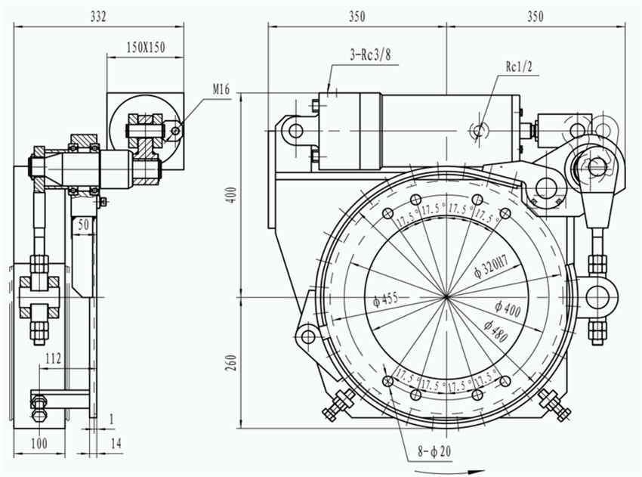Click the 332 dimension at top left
[98, 15]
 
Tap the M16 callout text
[221, 90]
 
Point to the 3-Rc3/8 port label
[371, 54]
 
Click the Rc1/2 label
[520, 66]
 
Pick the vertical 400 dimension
[232, 195]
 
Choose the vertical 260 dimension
[232, 363]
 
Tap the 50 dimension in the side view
[83, 225]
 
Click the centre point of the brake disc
[447, 296]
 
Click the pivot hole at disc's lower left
[307, 334]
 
